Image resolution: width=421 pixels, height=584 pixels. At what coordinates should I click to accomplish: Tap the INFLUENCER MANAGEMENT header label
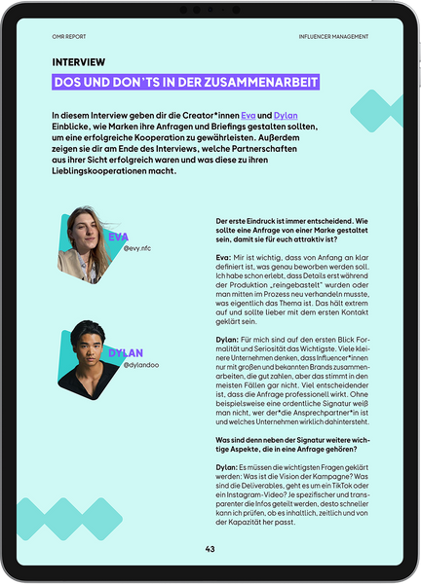coord(334,37)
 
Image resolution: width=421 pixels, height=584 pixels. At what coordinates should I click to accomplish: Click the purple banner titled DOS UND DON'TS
coord(186,84)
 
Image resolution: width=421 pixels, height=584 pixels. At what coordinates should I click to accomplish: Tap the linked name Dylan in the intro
coord(287,116)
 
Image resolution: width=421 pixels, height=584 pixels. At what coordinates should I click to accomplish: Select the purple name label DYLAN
coord(125,352)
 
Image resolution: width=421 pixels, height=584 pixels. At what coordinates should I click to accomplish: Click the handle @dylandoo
coord(141,365)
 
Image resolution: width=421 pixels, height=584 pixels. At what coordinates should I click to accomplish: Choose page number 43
coord(210,549)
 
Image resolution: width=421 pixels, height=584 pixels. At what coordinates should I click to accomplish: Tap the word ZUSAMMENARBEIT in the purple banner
coord(261,84)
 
